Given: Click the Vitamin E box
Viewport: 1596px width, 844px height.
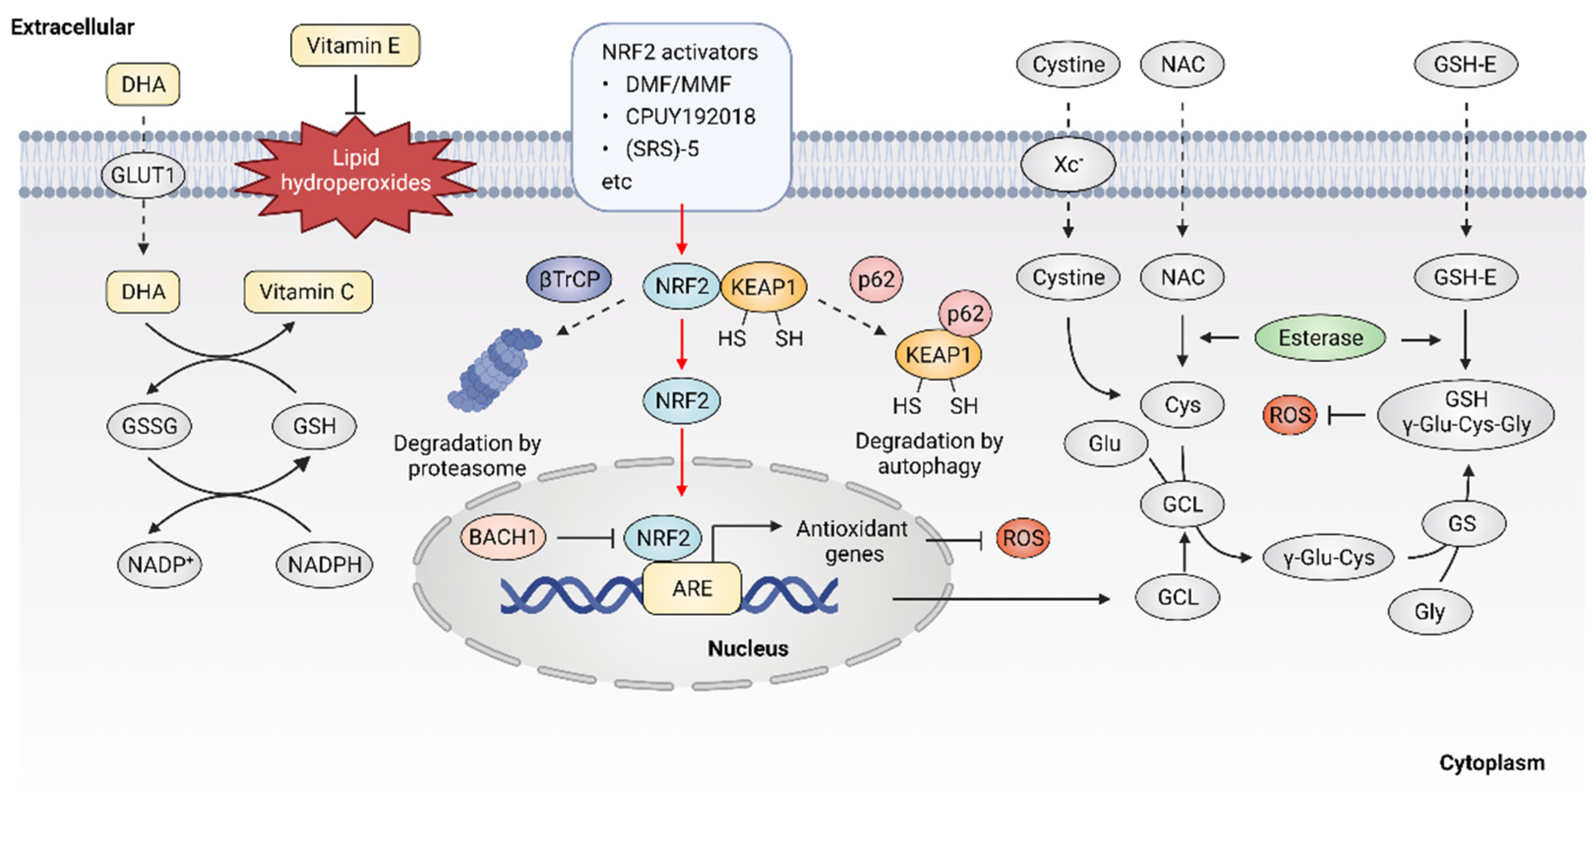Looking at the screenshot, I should pyautogui.click(x=355, y=45).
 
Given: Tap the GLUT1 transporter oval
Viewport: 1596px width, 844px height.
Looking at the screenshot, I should pyautogui.click(x=143, y=176).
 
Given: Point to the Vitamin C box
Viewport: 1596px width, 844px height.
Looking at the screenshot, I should pyautogui.click(x=308, y=291).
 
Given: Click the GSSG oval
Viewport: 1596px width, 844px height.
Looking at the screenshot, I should pyautogui.click(x=150, y=426).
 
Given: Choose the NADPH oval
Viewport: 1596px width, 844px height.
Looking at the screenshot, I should pyautogui.click(x=324, y=565).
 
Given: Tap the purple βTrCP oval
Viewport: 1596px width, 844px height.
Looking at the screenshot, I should pyautogui.click(x=569, y=279).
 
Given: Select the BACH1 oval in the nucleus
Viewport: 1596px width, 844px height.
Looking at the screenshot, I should pyautogui.click(x=503, y=537).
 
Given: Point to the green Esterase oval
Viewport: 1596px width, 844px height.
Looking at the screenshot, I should pyautogui.click(x=1320, y=338).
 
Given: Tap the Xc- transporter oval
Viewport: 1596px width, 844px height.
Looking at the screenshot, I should pyautogui.click(x=1067, y=164).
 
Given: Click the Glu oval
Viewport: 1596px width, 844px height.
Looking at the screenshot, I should pyautogui.click(x=1105, y=443).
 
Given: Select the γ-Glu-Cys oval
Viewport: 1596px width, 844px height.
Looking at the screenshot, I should pyautogui.click(x=1328, y=558).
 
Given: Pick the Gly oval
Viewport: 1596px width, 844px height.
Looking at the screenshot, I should pyautogui.click(x=1429, y=612).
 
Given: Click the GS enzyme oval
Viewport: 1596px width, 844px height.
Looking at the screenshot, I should pyautogui.click(x=1463, y=524).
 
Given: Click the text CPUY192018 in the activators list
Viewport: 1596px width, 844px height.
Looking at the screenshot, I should pyautogui.click(x=690, y=117).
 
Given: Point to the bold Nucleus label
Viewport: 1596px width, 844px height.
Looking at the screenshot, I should pyautogui.click(x=748, y=648).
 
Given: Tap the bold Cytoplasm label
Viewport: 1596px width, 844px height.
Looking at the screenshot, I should pyautogui.click(x=1491, y=762).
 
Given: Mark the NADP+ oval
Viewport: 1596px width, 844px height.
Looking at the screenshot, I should pyautogui.click(x=160, y=565).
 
